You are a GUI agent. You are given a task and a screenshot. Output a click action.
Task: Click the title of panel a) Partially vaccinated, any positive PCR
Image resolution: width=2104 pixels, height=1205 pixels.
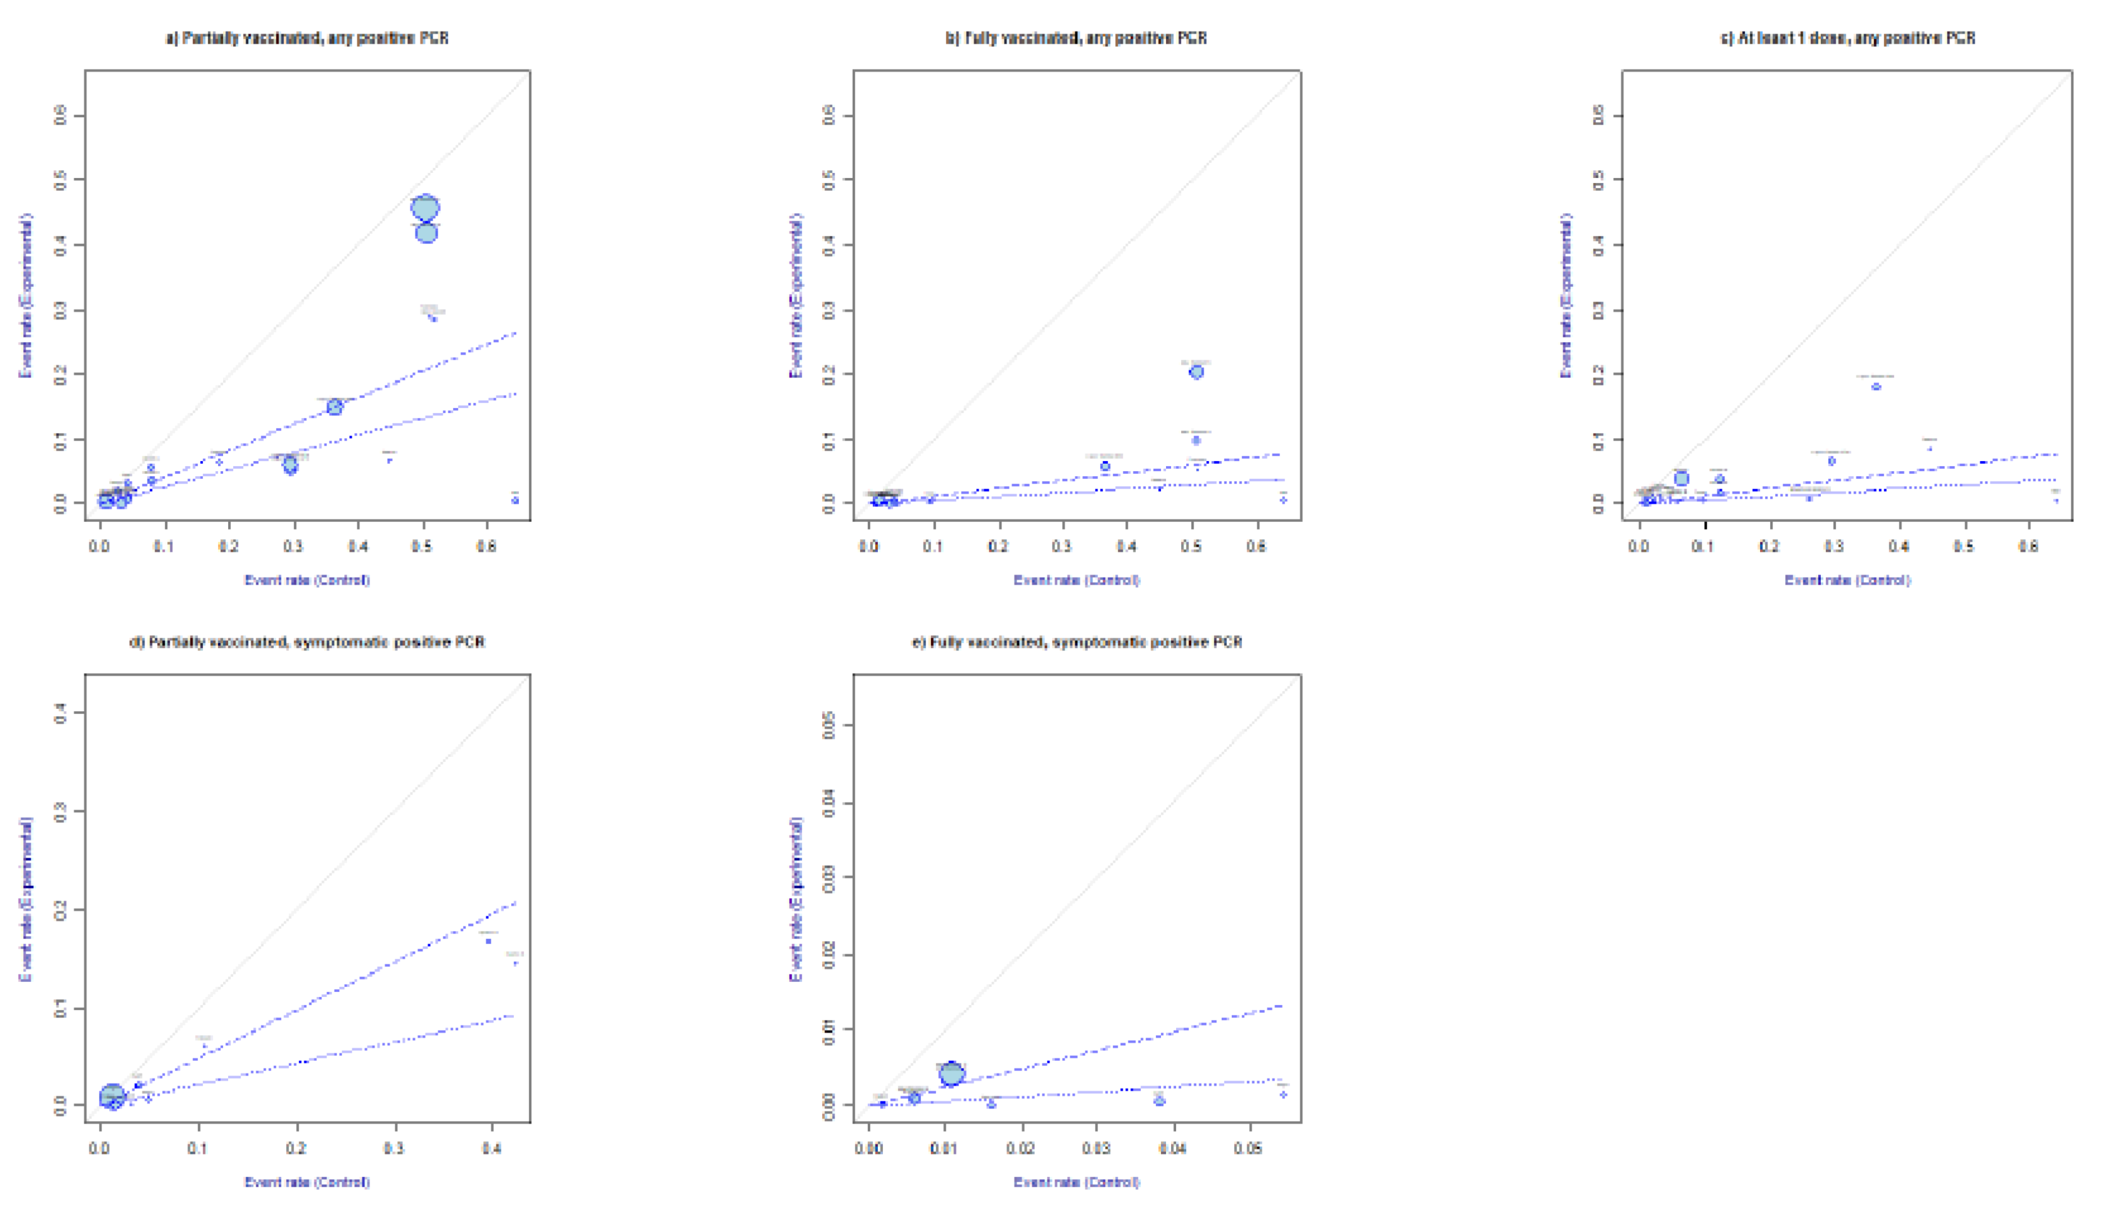coord(307,38)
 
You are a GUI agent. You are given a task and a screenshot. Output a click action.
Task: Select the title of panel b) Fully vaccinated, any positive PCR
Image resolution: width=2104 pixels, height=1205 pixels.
coord(1076,38)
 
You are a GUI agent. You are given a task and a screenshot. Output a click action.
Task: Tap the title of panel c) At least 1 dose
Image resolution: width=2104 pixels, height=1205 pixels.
coord(1848,38)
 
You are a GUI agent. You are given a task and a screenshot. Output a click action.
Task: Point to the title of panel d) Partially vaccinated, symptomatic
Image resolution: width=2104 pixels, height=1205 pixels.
coord(307,642)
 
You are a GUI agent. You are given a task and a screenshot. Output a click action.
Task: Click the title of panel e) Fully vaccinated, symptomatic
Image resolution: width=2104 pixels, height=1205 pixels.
coord(1076,642)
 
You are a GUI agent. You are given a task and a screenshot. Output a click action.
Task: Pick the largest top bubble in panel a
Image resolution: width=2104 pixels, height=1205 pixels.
coord(425,208)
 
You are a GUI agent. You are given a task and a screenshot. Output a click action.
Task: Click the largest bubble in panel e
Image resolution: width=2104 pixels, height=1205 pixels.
coord(952,1073)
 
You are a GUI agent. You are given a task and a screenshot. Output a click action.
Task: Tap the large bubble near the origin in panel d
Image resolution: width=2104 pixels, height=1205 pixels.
coord(112,1097)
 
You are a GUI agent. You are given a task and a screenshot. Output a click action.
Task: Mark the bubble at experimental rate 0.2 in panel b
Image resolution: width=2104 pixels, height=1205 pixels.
coord(1196,372)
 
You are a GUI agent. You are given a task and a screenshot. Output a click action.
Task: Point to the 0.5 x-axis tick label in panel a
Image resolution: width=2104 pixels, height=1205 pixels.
coord(423,546)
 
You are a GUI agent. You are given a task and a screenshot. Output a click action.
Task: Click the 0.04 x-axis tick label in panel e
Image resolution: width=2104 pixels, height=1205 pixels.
coord(1172,1149)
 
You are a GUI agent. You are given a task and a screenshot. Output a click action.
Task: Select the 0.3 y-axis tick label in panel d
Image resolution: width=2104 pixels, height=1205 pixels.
coord(60,811)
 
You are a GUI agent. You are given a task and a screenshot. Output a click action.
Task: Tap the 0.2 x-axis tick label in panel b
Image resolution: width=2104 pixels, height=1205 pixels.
coord(999,546)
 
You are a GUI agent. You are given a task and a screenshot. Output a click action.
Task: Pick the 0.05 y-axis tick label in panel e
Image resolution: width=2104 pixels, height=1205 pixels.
coord(830,727)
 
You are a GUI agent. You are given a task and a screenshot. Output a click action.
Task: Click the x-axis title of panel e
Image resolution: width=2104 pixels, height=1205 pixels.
coord(1076,1182)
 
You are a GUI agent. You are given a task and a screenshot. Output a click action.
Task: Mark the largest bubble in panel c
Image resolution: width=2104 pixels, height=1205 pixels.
coord(1681,478)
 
